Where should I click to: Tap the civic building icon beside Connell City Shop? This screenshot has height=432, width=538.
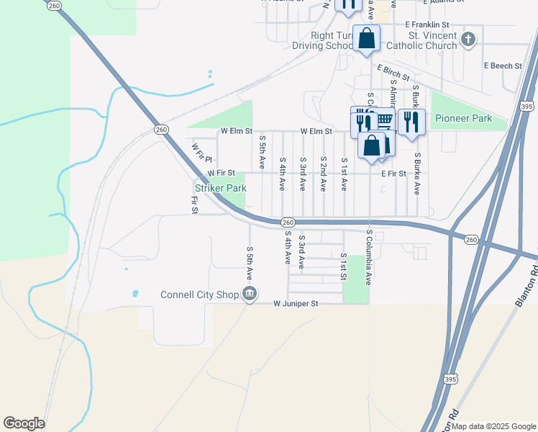tap(250, 294)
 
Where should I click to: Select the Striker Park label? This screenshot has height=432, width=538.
tap(221, 188)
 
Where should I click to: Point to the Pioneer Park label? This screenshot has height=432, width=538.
tap(463, 118)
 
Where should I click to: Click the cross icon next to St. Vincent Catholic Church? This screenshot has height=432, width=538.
tap(468, 40)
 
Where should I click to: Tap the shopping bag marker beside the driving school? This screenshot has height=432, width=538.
tap(367, 39)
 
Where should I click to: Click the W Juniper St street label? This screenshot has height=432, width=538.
tap(295, 304)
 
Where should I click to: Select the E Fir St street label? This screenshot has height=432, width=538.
tap(393, 174)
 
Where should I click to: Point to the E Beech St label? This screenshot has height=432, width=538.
tap(502, 66)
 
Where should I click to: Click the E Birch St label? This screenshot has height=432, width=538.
tap(393, 72)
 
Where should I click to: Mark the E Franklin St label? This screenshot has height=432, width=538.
tap(432, 24)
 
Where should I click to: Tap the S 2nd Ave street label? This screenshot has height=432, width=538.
tap(324, 174)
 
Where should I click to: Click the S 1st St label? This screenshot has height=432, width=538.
tap(344, 266)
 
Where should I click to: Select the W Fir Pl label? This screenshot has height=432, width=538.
tap(200, 153)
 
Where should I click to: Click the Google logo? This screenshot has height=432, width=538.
tap(24, 423)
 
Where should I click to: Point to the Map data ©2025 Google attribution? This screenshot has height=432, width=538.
tap(493, 426)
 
